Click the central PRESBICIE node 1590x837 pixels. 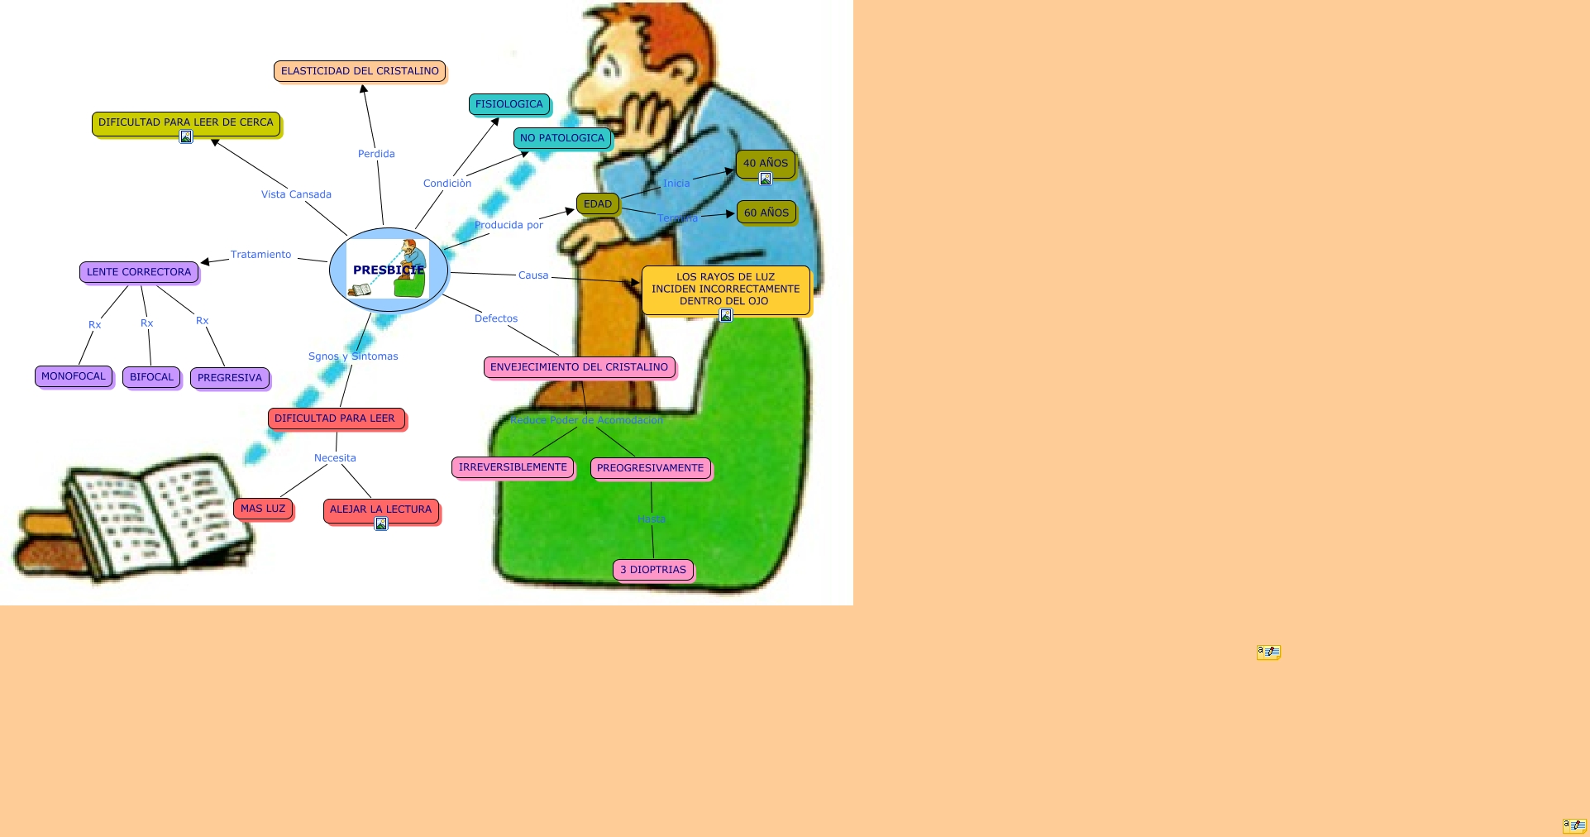pos(389,270)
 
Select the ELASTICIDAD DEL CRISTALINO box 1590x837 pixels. pos(360,71)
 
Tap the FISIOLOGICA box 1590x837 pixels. pos(509,104)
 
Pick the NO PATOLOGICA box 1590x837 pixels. pos(562,138)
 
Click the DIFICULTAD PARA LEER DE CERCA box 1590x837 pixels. pos(185,122)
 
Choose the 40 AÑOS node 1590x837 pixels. pos(765,163)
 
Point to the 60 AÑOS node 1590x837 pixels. pos(766,213)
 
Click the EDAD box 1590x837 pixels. pos(598,203)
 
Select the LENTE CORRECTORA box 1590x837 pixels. pos(139,272)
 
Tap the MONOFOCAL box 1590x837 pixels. pos(74,376)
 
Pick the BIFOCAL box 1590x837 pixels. pos(151,377)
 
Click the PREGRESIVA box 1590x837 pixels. pos(230,378)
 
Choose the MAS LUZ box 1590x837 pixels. pos(263,509)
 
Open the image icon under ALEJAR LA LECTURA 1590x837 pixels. pos(381,524)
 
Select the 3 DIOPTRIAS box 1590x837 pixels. pos(653,570)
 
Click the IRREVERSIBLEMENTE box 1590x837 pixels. pos(513,467)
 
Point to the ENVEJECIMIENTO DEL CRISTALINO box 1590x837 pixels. pos(579,367)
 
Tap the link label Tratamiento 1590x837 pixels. pos(260,255)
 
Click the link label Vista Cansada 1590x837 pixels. pos(296,194)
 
